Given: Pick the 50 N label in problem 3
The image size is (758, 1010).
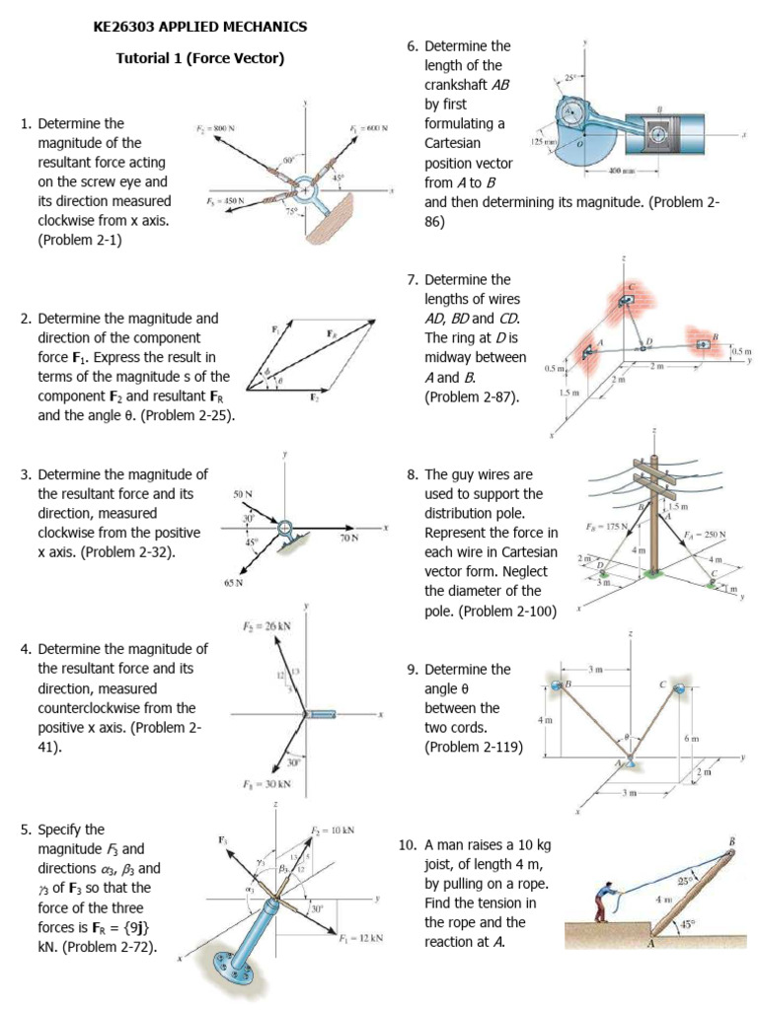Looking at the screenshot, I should click(242, 493).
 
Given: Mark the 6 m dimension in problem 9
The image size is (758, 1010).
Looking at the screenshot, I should click(693, 739).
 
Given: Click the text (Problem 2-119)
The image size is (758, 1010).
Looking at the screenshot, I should click(474, 747).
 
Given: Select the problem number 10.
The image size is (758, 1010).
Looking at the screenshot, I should click(407, 844).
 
